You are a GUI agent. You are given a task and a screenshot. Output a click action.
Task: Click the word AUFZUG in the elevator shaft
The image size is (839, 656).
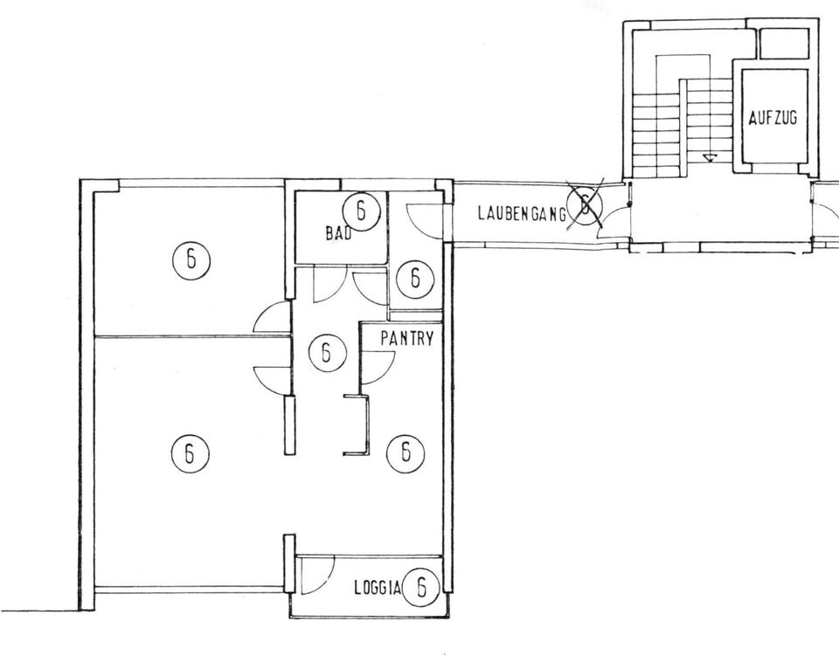[773, 118]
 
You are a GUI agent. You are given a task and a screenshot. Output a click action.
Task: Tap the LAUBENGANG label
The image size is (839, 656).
[522, 214]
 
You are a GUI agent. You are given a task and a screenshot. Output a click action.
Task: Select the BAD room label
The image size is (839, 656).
[339, 233]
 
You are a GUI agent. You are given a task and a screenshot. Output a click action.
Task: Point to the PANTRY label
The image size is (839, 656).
[406, 338]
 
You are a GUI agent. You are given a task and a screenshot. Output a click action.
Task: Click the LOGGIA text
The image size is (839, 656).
[378, 588]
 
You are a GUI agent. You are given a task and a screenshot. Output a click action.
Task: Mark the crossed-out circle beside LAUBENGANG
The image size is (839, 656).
[586, 204]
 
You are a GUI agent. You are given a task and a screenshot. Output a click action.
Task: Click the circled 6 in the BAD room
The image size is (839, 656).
[361, 211]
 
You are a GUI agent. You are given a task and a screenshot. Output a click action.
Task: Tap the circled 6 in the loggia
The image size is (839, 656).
[421, 587]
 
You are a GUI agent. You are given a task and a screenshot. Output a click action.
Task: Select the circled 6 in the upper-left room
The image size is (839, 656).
[191, 260]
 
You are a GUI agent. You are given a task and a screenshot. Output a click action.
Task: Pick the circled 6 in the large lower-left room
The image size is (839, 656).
[190, 454]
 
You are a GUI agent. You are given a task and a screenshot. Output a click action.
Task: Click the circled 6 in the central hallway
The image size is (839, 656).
[328, 353]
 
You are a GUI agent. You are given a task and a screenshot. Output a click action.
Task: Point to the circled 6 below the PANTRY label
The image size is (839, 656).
[406, 452]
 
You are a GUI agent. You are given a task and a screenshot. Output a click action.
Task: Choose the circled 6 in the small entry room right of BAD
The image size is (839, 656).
[414, 278]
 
